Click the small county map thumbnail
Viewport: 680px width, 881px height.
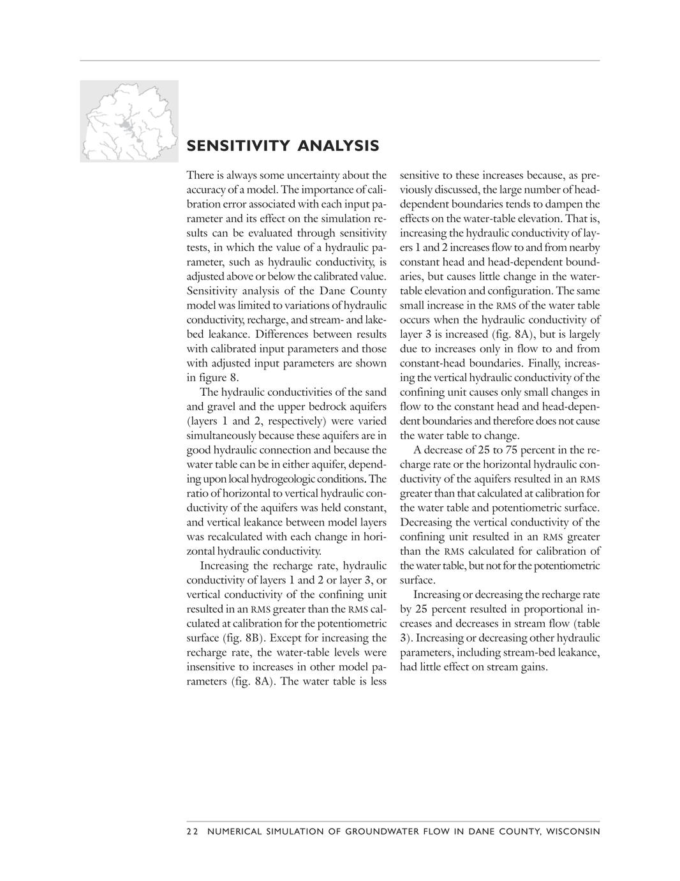pyautogui.click(x=129, y=121)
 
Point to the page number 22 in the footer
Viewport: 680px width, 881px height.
pyautogui.click(x=193, y=831)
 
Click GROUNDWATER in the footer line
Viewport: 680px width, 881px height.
pyautogui.click(x=390, y=831)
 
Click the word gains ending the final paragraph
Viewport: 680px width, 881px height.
pyautogui.click(x=533, y=667)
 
